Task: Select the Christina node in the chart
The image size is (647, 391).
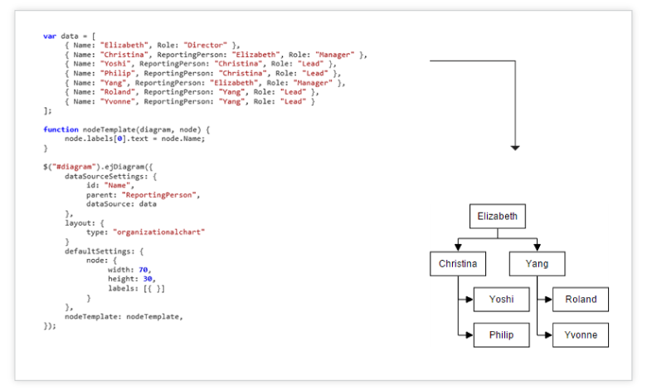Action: (x=458, y=264)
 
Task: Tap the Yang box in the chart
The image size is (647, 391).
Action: (x=537, y=264)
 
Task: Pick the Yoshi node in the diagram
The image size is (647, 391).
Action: (x=501, y=300)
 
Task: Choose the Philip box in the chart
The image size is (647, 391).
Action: (x=501, y=335)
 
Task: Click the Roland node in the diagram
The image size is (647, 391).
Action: (x=580, y=300)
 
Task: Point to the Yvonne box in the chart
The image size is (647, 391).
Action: (x=580, y=335)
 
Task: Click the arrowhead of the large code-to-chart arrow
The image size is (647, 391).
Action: (x=514, y=147)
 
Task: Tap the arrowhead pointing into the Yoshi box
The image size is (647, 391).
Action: (x=469, y=300)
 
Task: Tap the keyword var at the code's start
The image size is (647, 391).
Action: (x=50, y=36)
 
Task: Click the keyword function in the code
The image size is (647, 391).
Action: (x=61, y=129)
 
